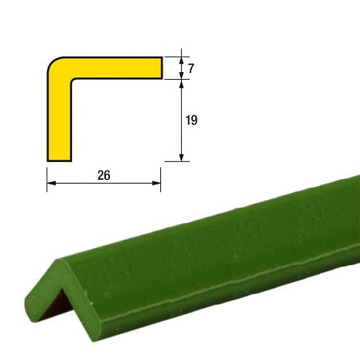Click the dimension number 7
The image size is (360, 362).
[190, 68]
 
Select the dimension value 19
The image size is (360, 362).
[191, 120]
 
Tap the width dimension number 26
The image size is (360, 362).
[104, 175]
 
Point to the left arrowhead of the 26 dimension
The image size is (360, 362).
[51, 183]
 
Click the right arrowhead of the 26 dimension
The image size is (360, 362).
[156, 183]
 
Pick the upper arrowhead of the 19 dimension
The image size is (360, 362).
[181, 84]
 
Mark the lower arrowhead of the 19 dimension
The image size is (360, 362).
[181, 157]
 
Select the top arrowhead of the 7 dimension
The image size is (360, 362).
[181, 61]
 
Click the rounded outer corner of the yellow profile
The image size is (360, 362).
[53, 63]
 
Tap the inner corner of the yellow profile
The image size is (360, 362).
[72, 79]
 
